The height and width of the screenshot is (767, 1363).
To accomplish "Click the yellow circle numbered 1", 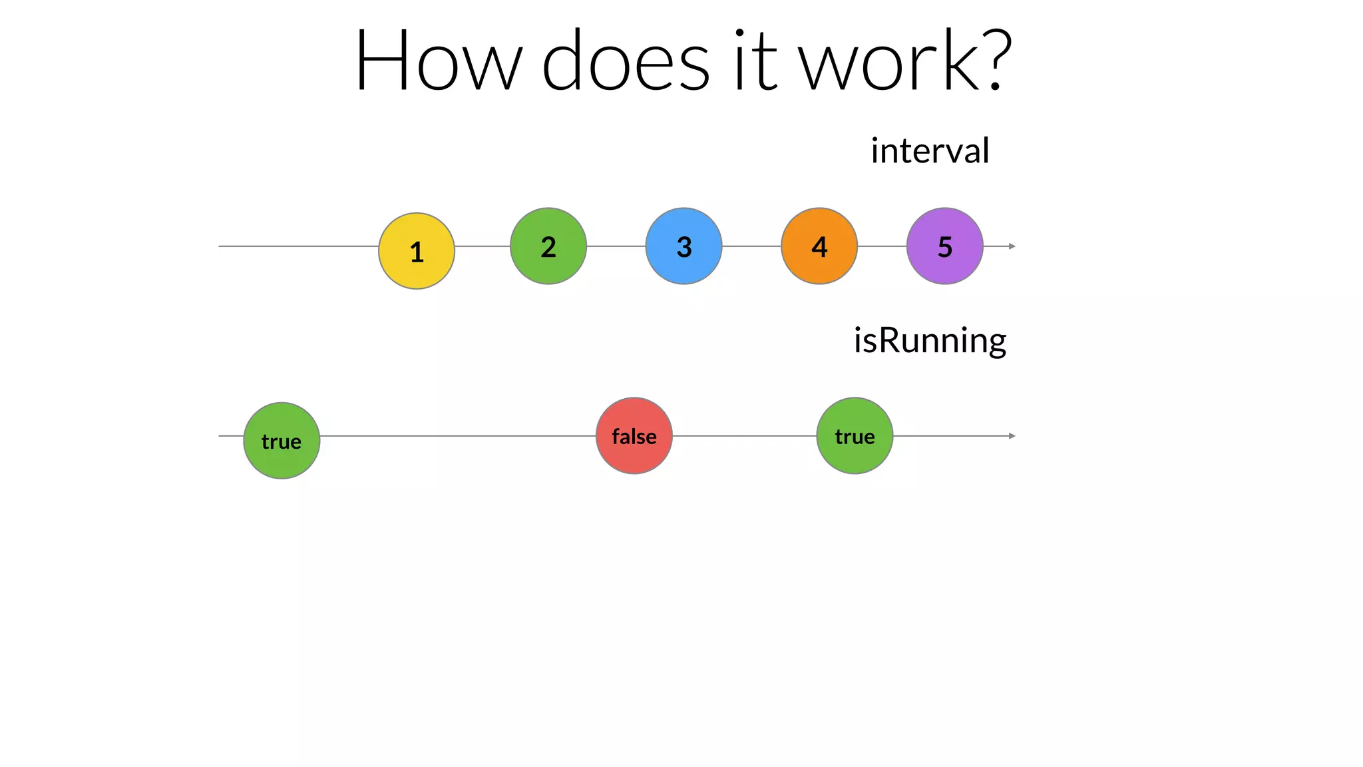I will (x=417, y=251).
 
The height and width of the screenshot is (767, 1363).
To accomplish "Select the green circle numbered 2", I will (x=548, y=246).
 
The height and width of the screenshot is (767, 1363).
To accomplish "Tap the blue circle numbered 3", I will (x=683, y=246).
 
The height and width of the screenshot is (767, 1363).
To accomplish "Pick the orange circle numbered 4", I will (x=819, y=246).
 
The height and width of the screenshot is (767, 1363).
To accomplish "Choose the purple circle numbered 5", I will (x=944, y=246).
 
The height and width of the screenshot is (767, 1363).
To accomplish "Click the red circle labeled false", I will (x=634, y=436).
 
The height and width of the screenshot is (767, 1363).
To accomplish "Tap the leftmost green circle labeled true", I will (x=282, y=441).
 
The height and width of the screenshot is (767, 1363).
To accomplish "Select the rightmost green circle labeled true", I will (x=855, y=436).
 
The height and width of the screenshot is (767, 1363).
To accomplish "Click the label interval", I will (x=930, y=151).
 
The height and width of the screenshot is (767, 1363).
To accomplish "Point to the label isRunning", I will (x=930, y=341).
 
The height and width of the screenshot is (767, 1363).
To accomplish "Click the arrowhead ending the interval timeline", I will (x=1012, y=246).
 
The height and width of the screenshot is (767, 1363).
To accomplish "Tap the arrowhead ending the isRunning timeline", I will (x=1012, y=436).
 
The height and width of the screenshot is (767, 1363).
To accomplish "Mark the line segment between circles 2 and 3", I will (x=616, y=246).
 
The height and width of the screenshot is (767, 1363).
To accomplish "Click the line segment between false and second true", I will (x=744, y=436).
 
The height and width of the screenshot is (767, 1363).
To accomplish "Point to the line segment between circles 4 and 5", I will (x=882, y=246).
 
